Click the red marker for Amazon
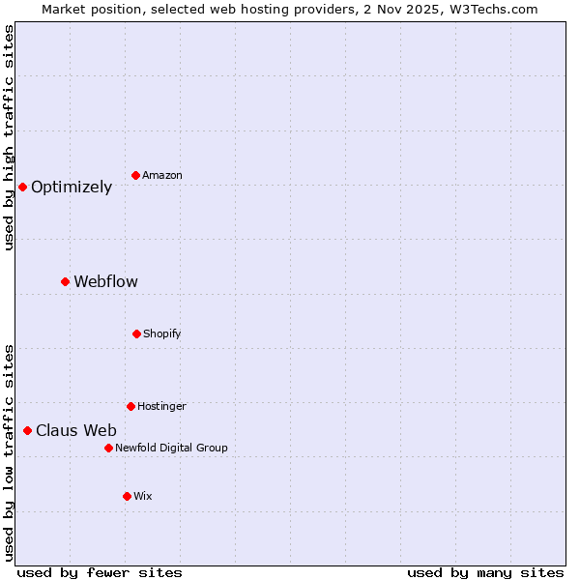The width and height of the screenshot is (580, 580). [136, 175]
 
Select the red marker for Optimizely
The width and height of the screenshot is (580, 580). [22, 187]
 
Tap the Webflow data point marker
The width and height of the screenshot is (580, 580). [65, 281]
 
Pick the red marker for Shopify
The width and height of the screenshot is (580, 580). [136, 333]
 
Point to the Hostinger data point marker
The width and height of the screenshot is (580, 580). [130, 406]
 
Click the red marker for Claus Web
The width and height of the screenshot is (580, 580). [27, 430]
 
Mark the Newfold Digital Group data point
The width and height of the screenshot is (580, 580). [108, 448]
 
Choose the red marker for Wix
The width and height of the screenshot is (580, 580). [127, 496]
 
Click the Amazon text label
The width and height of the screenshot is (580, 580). [162, 175]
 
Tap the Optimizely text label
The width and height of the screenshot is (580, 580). [72, 188]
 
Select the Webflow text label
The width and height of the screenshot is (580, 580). [105, 282]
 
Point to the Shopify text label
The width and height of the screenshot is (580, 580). [162, 333]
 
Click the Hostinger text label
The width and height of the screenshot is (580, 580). [161, 406]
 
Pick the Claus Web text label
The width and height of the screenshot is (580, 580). [76, 431]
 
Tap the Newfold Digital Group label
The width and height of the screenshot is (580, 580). [171, 448]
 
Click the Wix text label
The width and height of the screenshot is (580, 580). [143, 496]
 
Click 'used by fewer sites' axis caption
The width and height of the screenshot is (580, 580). [100, 572]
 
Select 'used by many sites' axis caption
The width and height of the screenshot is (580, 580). [485, 572]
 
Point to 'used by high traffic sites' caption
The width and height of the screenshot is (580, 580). [10, 137]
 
